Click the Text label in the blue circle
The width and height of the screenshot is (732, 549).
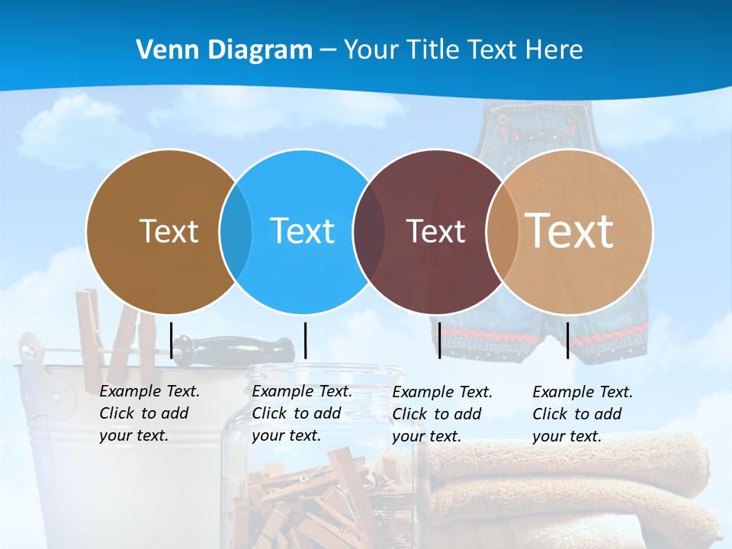303,231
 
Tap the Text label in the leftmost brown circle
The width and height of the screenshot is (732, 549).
169,231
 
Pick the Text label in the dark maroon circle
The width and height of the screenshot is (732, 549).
435,231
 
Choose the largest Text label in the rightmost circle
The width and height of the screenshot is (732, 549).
570,230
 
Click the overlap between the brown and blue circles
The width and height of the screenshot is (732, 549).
236,231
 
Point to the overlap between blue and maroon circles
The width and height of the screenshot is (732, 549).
369,231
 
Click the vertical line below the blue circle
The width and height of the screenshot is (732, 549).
305,340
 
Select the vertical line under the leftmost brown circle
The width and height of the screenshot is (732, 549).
171,340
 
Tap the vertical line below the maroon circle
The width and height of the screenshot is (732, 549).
439,340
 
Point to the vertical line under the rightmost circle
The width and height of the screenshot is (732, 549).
567,340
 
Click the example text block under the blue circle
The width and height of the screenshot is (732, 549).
301,413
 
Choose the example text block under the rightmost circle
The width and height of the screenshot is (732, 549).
582,414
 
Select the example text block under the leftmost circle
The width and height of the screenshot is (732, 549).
149,413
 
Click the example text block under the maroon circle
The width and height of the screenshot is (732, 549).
441,414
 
